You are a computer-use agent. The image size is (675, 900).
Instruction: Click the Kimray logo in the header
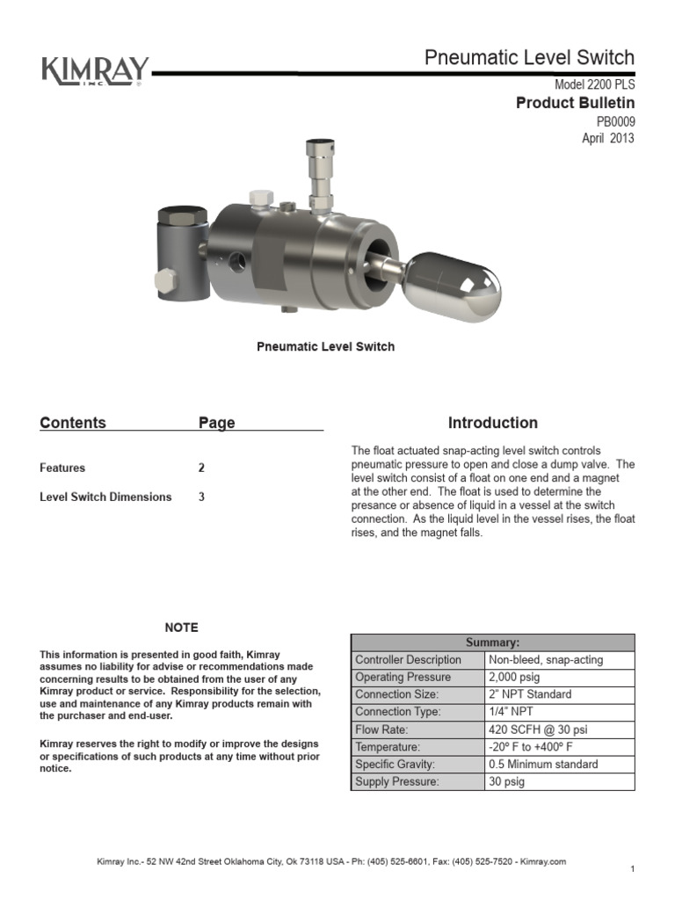[x=95, y=70]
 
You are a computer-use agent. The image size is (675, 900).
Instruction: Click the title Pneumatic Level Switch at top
[x=529, y=58]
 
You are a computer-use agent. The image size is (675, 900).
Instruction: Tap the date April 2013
[x=607, y=138]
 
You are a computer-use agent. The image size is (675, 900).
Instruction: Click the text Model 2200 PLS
[x=594, y=85]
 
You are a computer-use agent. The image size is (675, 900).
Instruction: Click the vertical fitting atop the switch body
[x=319, y=177]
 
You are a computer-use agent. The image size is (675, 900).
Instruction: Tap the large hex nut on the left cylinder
[x=181, y=215]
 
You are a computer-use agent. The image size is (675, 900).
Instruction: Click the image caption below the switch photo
[x=325, y=346]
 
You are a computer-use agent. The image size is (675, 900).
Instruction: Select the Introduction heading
[x=493, y=423]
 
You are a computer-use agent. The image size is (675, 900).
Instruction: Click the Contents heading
[x=73, y=423]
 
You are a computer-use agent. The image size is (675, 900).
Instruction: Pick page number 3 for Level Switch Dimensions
[x=201, y=497]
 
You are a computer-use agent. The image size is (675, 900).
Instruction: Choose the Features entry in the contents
[x=62, y=468]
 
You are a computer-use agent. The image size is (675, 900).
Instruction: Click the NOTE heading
[x=181, y=628]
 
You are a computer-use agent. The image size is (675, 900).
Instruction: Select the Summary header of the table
[x=492, y=642]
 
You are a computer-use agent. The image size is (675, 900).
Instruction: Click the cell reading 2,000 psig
[x=513, y=677]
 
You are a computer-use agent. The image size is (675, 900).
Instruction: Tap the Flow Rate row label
[x=381, y=729]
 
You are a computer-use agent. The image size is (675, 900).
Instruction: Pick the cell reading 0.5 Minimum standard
[x=542, y=764]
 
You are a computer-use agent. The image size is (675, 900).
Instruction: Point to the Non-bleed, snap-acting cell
[x=546, y=659]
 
